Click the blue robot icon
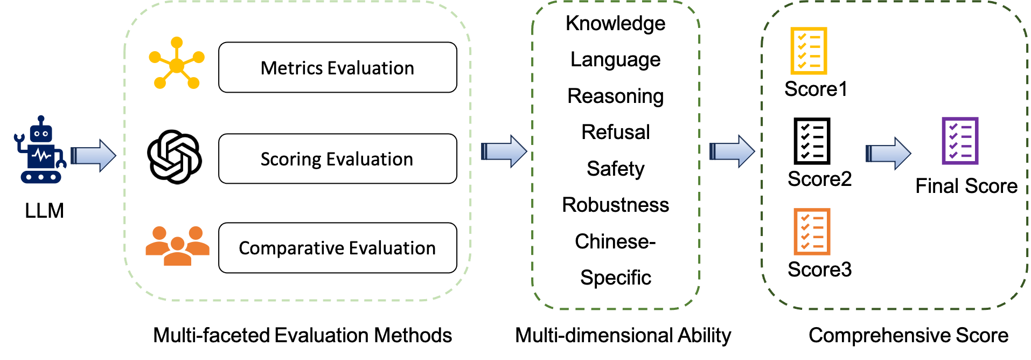[x=40, y=151]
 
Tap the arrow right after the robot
[x=93, y=156]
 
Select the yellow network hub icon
[x=177, y=64]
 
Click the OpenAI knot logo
[x=175, y=157]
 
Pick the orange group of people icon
[x=177, y=246]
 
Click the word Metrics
[x=291, y=68]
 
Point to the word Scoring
[x=291, y=160]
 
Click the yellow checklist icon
[x=808, y=51]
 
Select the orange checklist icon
[x=812, y=232]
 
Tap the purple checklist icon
[x=960, y=141]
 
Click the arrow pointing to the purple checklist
[x=888, y=153]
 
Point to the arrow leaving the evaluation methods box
[x=503, y=151]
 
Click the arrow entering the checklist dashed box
[x=732, y=151]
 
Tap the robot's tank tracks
[x=41, y=177]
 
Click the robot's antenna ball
[x=41, y=118]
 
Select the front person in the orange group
[x=177, y=253]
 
